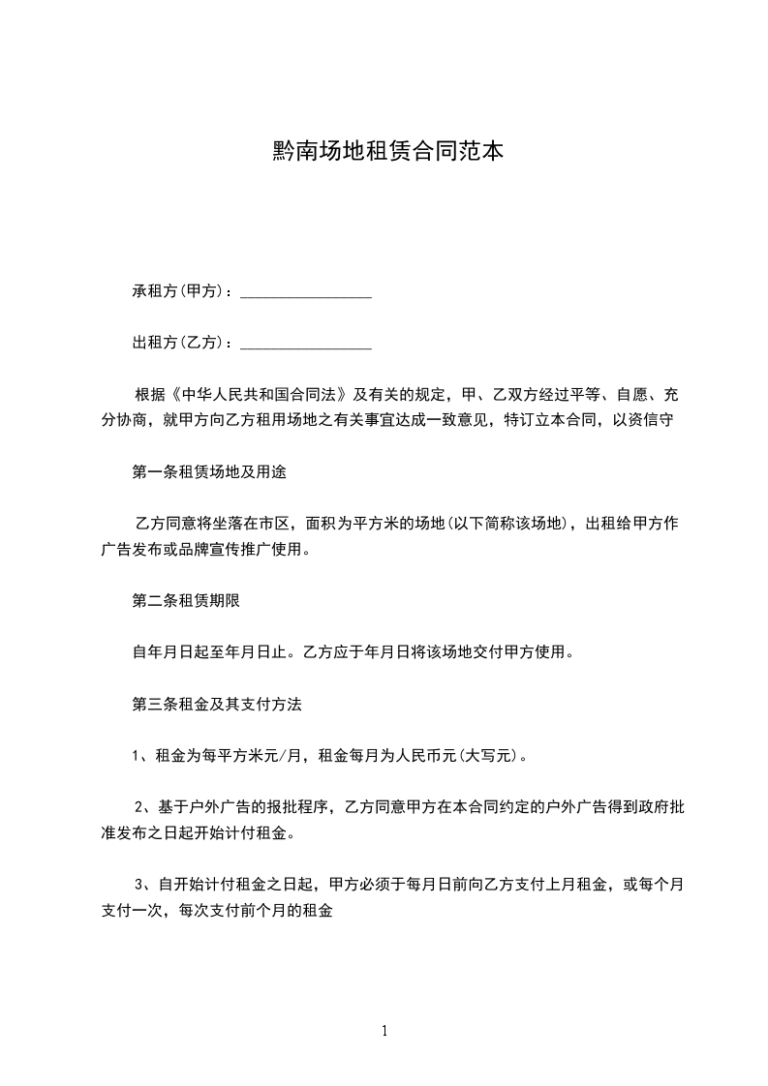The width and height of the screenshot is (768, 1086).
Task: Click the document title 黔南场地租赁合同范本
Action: [384, 152]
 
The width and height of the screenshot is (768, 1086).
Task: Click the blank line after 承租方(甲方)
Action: [305, 293]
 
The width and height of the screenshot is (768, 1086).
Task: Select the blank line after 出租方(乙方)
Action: [305, 344]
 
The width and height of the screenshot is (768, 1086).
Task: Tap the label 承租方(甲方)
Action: [180, 291]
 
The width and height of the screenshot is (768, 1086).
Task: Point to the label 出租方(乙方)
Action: [180, 342]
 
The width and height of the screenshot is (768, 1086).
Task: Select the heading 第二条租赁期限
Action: [185, 600]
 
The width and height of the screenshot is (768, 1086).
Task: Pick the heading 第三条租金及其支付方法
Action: [216, 705]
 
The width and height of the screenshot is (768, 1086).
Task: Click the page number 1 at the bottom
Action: [384, 1032]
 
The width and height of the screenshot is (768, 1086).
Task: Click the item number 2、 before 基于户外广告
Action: [143, 806]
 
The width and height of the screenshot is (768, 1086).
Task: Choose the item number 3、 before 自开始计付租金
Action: [143, 884]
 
